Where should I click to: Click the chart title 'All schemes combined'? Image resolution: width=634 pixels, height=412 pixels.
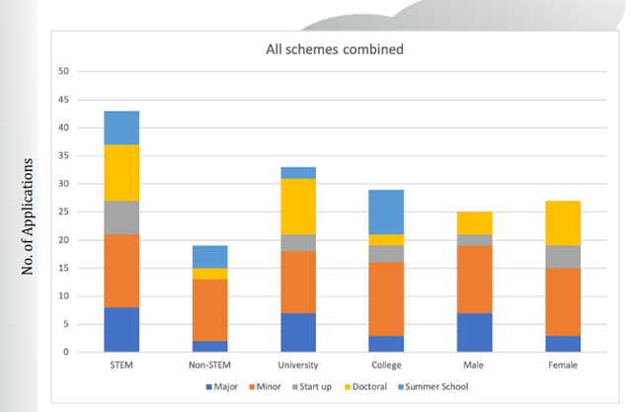(x=334, y=48)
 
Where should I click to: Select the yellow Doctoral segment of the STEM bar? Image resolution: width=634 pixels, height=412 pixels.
(x=121, y=172)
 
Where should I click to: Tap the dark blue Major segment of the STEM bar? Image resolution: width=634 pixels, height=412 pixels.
(x=121, y=329)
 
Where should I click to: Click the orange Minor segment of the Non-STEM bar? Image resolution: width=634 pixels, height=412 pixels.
(x=210, y=309)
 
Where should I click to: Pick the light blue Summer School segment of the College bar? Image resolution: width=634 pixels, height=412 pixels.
(x=387, y=211)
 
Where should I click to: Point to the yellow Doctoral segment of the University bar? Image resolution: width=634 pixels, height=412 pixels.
(x=298, y=206)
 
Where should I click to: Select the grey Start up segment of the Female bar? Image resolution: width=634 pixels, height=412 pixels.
(x=564, y=256)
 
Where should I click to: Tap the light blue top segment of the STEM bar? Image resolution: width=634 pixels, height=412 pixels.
(x=121, y=127)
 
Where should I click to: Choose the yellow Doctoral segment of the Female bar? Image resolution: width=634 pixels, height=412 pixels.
(x=564, y=222)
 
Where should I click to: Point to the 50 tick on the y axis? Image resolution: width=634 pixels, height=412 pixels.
(x=65, y=71)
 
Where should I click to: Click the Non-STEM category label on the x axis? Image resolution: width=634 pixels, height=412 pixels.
(x=210, y=365)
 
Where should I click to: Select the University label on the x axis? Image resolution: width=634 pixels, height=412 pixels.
(x=298, y=365)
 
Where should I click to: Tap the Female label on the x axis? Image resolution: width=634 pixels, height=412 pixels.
(x=564, y=365)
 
